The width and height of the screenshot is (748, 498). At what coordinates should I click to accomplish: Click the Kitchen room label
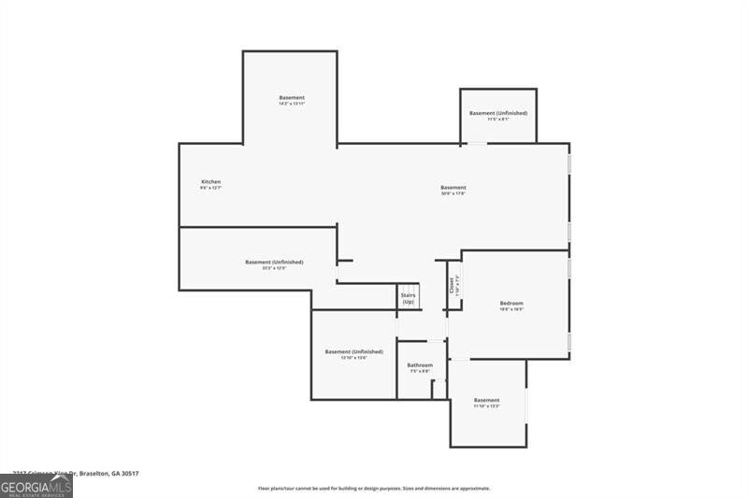tap(211, 181)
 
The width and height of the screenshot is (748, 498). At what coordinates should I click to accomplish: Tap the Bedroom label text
tap(511, 303)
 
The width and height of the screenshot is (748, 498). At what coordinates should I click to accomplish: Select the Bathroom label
tap(420, 365)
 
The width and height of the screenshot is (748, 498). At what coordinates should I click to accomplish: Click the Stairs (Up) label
tap(409, 299)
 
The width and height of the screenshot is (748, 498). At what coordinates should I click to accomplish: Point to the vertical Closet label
tap(453, 283)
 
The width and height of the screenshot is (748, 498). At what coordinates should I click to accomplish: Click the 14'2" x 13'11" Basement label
tap(292, 98)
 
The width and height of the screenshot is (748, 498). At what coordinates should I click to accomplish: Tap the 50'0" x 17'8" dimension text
tap(453, 194)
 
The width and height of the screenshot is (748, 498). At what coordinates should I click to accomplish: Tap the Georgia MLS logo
tap(36, 486)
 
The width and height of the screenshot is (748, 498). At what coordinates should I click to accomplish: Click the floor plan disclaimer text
tap(374, 488)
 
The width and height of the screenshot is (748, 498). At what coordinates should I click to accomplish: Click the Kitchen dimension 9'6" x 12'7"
tap(211, 188)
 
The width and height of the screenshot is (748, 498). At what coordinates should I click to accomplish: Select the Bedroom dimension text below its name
tap(511, 309)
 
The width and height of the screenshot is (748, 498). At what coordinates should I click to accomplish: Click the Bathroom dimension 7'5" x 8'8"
tap(420, 372)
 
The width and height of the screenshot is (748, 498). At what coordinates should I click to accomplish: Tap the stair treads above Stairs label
tap(409, 289)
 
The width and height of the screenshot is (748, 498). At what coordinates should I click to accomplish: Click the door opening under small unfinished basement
tap(477, 143)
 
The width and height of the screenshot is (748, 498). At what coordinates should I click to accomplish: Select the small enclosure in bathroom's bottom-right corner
tap(439, 389)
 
